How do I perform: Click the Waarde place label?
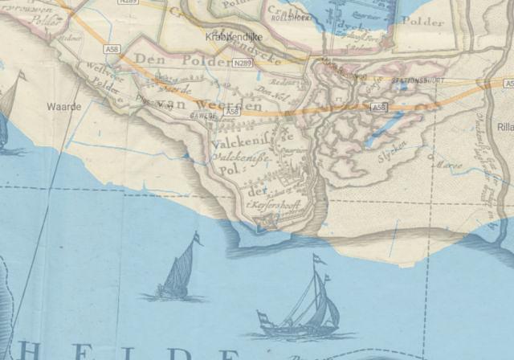click(63, 105)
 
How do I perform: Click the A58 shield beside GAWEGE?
click(231, 111)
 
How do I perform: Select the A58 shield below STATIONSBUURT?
click(378, 107)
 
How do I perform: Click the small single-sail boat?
click(179, 273)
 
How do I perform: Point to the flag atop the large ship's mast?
click(319, 259)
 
